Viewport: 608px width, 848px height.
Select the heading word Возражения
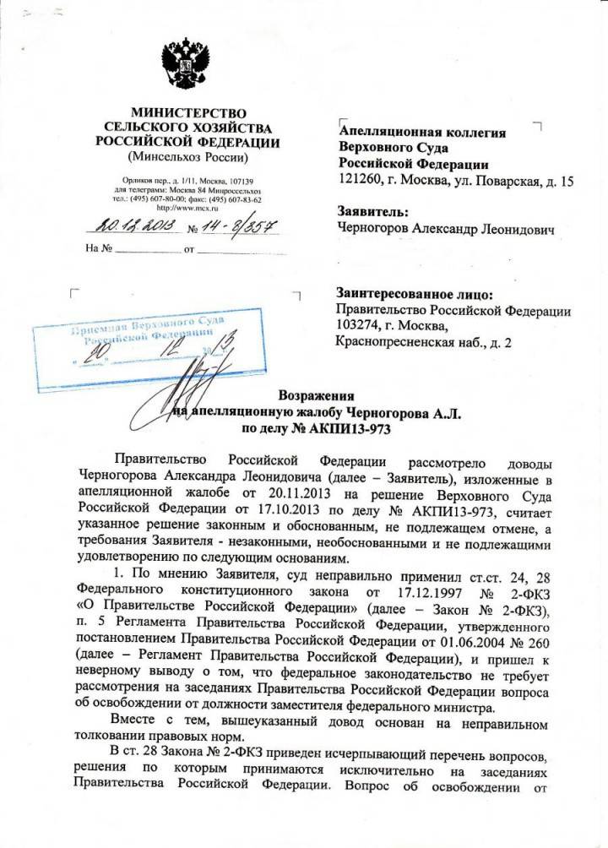[316, 396]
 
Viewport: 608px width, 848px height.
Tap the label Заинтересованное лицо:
[413, 295]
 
